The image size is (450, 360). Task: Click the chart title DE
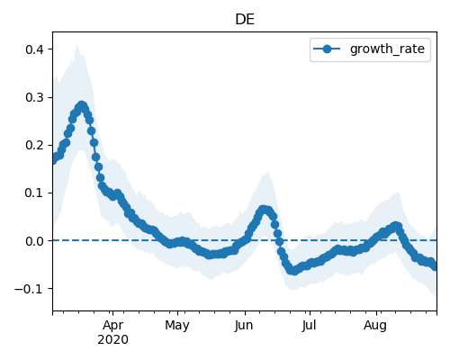pos(245,20)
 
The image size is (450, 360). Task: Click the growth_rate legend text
pos(387,49)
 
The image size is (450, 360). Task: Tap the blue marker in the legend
pos(327,49)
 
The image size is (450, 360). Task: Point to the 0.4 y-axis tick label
pos(34,49)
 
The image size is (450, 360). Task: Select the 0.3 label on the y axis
pos(34,97)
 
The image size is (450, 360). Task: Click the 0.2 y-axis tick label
pos(34,145)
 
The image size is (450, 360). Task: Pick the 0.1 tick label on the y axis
pos(34,193)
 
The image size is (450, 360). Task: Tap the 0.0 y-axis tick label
pos(34,241)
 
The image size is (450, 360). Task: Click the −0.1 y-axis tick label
pos(30,289)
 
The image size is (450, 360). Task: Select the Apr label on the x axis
pos(112,325)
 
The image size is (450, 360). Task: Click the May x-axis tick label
pos(177,326)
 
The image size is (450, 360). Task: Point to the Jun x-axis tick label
pos(244,325)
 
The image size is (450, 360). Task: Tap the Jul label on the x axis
pos(309,325)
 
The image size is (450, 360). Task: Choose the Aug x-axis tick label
pos(375,326)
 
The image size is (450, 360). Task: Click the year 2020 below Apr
pos(112,339)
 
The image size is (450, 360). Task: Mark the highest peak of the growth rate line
pos(82,105)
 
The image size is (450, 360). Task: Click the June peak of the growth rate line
pos(264,209)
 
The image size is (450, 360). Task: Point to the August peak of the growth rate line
pos(396,226)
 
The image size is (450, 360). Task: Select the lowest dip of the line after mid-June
pos(294,271)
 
